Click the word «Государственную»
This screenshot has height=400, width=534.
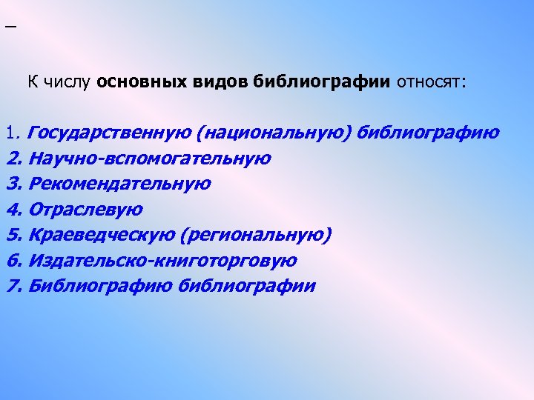110,133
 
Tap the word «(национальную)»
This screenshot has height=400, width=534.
274,133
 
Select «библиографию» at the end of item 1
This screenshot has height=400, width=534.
428,133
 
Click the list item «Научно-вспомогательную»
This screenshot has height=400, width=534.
149,159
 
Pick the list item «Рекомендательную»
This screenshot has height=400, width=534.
119,184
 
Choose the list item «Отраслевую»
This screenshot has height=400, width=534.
85,210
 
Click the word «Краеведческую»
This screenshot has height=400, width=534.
102,236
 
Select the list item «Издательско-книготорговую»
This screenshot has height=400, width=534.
162,261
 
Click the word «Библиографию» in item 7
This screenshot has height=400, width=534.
101,286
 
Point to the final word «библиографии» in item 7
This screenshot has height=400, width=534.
247,286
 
